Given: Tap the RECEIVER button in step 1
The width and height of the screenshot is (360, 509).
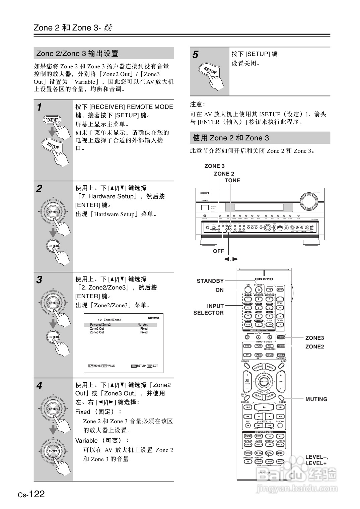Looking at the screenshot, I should (52, 120).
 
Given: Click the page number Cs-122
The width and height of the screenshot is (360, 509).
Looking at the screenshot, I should (31, 494).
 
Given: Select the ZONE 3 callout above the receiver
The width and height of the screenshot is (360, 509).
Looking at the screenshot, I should (214, 166).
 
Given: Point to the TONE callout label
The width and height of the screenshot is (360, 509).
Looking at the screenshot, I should (232, 180).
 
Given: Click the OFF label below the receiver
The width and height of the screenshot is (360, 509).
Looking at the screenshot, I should (218, 251).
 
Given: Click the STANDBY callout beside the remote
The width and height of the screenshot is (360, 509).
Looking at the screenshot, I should (210, 281).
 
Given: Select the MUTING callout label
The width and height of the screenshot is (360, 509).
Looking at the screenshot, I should (316, 399).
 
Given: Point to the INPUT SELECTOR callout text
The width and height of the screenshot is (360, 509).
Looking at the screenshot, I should (208, 309).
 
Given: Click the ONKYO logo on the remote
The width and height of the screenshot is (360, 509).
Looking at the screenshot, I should (264, 279).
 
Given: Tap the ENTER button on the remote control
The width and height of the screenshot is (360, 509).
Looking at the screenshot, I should (264, 382).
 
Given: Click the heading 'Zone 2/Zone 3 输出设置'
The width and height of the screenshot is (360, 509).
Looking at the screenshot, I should (77, 53).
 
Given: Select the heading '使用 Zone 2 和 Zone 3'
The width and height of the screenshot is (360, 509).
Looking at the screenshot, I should (231, 138).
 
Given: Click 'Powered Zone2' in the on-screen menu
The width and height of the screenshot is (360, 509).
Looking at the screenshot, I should (100, 325).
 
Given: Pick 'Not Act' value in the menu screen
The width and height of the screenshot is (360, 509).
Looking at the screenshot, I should (143, 325).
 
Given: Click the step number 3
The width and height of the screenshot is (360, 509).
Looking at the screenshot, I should (39, 280).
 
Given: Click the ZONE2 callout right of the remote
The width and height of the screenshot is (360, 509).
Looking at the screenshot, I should (314, 346).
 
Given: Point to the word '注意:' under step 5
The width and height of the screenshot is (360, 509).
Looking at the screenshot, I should (198, 104).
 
